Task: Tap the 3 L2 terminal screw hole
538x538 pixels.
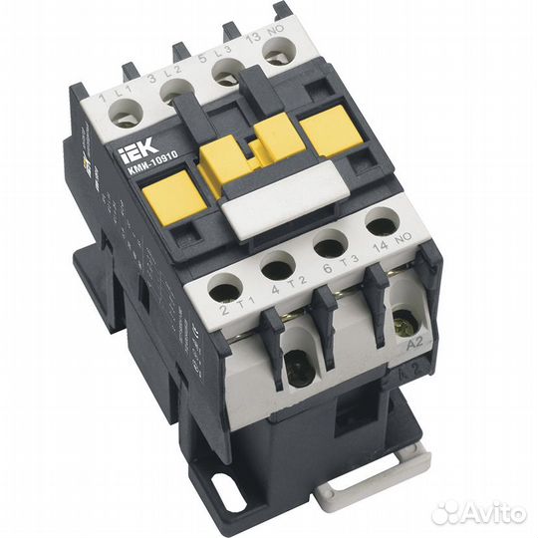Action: tap(175, 91)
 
